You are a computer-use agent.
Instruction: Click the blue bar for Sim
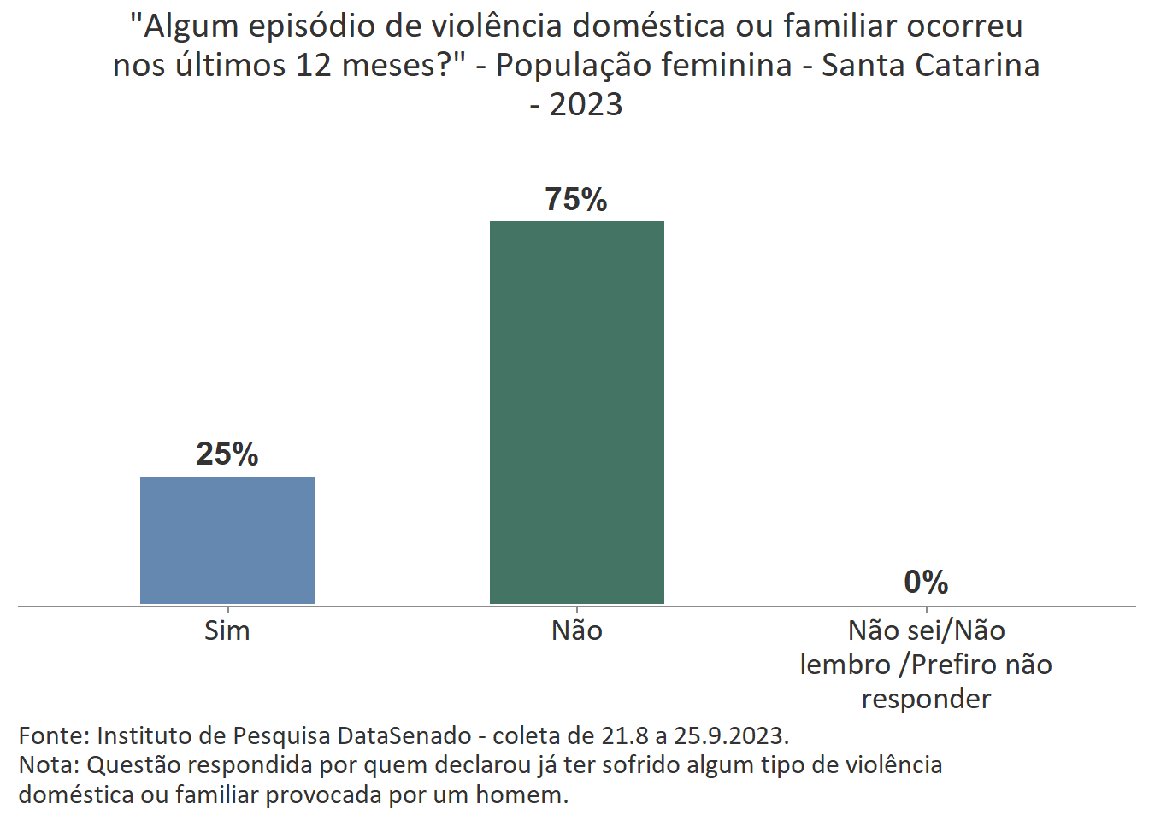[x=227, y=540]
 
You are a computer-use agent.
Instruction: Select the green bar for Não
[x=576, y=412]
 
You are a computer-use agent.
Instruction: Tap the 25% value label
[x=227, y=454]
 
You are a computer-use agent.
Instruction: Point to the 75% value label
[x=576, y=199]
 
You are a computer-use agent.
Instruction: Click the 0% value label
[x=926, y=583]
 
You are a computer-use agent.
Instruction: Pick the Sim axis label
[x=227, y=630]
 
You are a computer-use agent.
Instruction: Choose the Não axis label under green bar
[x=577, y=630]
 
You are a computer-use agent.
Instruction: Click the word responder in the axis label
[x=926, y=699]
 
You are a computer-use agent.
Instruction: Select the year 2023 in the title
[x=586, y=105]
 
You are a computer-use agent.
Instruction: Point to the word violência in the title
[x=497, y=26]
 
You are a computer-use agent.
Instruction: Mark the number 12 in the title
[x=314, y=65]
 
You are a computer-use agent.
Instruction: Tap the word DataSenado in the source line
[x=404, y=735]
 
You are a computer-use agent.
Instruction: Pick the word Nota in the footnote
[x=48, y=764]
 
